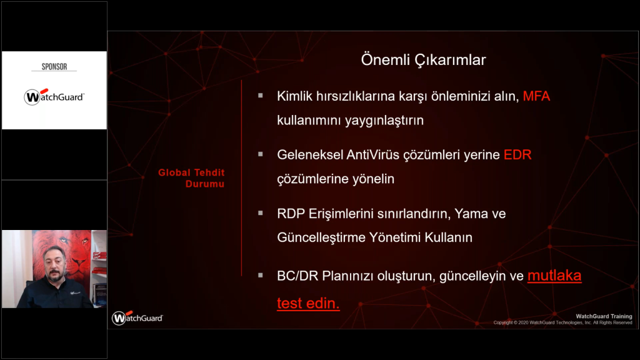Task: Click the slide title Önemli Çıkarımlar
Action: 423,60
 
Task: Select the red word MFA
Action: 536,96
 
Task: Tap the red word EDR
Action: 517,155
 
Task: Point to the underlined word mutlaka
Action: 554,276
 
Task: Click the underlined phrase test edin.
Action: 308,303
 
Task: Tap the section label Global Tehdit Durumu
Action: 191,178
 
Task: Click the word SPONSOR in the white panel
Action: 54,66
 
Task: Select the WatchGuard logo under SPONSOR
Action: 54,97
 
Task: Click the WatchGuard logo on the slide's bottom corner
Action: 137,317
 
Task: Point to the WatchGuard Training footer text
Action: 604,316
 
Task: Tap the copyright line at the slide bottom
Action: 562,322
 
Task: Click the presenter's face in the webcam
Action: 55,262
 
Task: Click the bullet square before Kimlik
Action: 261,96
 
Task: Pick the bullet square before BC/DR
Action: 261,275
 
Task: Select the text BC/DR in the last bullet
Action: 297,276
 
